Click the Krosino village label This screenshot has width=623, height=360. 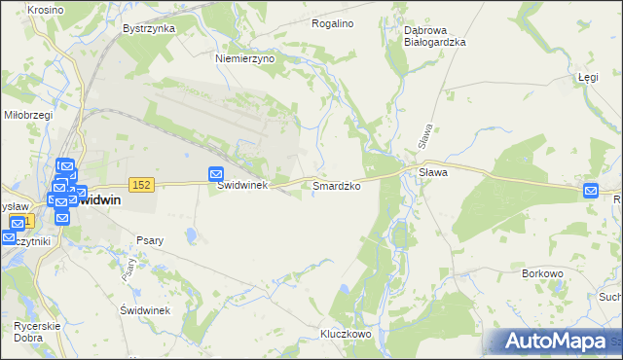coord(18,9)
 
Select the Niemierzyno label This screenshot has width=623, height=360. coord(245,58)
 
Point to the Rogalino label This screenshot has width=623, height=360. coord(332,22)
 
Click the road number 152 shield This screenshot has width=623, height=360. coord(141,185)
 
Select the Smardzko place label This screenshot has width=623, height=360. coord(338,185)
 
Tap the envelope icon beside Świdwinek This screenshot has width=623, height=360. coord(216,173)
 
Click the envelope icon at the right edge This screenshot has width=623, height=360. coord(591,191)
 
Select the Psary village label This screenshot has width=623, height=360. coord(150,240)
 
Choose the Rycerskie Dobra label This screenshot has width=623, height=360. coord(38,331)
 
